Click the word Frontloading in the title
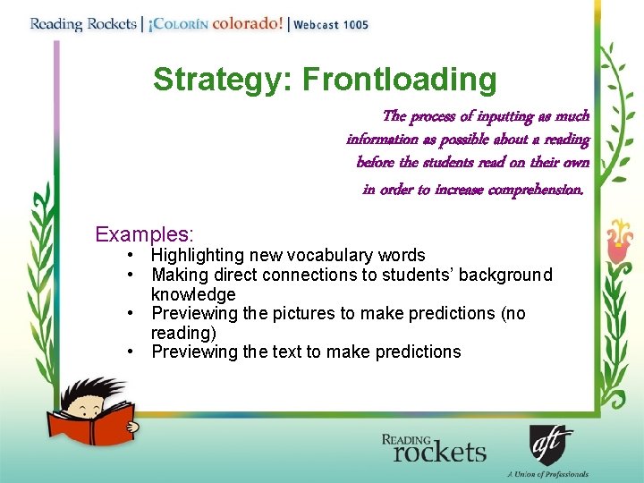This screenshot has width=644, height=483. (x=399, y=80)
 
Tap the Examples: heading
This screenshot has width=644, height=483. (x=144, y=235)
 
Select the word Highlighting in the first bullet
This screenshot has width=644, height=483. (x=197, y=256)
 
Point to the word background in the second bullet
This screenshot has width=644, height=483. (x=504, y=275)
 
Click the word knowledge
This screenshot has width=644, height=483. (x=193, y=294)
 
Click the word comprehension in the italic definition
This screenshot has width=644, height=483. (x=535, y=190)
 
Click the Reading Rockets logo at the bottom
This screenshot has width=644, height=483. (x=434, y=448)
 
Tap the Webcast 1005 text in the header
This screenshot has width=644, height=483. (x=331, y=24)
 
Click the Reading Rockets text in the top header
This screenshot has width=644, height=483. (x=81, y=23)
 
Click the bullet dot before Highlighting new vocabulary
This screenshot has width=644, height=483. (x=132, y=256)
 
